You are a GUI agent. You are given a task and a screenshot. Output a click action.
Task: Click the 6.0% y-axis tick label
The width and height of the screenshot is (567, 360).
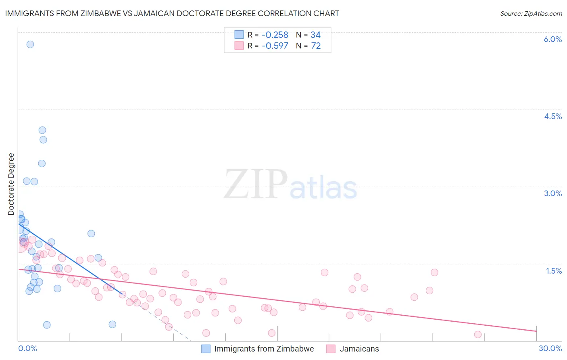click(552, 39)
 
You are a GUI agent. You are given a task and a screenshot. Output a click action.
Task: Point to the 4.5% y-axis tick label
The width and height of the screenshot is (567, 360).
click(552, 116)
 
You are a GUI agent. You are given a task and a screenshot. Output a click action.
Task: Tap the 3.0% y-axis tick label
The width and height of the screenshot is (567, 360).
click(552, 193)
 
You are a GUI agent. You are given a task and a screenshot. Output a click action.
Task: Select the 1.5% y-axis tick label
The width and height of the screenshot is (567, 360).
click(554, 271)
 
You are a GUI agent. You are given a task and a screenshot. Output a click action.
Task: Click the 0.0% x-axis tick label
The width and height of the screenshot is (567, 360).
click(27, 348)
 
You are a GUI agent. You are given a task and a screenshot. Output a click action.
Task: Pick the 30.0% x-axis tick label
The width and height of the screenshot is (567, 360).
click(550, 348)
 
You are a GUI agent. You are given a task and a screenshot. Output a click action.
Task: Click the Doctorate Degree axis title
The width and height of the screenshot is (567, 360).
click(11, 184)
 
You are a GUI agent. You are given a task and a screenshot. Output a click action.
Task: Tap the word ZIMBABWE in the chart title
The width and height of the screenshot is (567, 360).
click(98, 13)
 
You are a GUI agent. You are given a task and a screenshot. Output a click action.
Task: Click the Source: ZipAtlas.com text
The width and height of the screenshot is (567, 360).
click(531, 13)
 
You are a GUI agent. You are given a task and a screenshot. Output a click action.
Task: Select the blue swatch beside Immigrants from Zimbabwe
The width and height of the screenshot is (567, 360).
click(206, 349)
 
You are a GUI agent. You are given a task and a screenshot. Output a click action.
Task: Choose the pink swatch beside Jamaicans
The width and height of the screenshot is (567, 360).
click(331, 349)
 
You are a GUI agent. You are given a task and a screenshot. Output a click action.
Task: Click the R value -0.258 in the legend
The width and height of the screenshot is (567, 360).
click(275, 35)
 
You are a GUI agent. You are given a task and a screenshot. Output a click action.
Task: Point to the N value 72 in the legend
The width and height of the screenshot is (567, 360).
click(316, 46)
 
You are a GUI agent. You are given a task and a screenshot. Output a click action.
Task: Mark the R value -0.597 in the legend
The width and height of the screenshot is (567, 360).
click(275, 46)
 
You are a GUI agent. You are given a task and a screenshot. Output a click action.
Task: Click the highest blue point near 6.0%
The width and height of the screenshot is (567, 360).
click(30, 44)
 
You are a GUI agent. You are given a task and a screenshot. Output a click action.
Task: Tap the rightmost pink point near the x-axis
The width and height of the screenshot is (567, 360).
click(478, 334)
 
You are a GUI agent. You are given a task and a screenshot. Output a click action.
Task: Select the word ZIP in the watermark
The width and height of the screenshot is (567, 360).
click(255, 184)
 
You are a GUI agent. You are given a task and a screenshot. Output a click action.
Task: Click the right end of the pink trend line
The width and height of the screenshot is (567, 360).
click(536, 331)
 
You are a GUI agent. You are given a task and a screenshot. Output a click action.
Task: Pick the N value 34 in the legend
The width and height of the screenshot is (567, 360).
click(315, 35)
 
